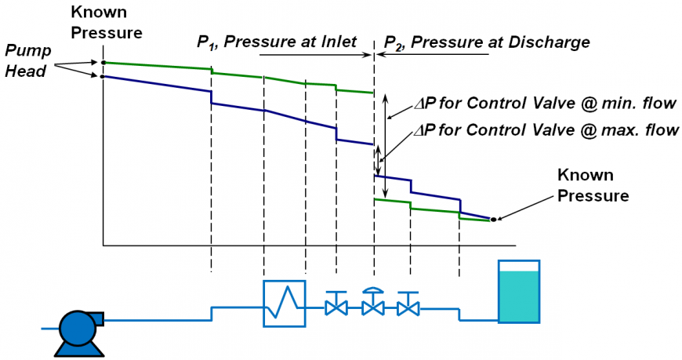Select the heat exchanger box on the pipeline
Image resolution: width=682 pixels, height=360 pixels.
(x=284, y=303)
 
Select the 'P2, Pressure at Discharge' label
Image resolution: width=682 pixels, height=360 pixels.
(x=486, y=42)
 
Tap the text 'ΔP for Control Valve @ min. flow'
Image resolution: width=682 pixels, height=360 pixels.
(x=546, y=104)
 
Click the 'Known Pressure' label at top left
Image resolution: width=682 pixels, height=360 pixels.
(x=106, y=23)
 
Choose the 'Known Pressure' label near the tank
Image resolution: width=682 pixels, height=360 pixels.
(x=593, y=185)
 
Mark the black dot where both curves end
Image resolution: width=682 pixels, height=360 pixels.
(x=493, y=220)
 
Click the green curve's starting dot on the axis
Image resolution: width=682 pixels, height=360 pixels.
(x=103, y=62)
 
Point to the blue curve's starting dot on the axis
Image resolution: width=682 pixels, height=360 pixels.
(x=103, y=76)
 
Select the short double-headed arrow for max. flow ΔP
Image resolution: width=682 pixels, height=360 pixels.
(x=379, y=161)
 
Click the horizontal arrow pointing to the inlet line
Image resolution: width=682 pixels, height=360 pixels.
(x=314, y=54)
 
